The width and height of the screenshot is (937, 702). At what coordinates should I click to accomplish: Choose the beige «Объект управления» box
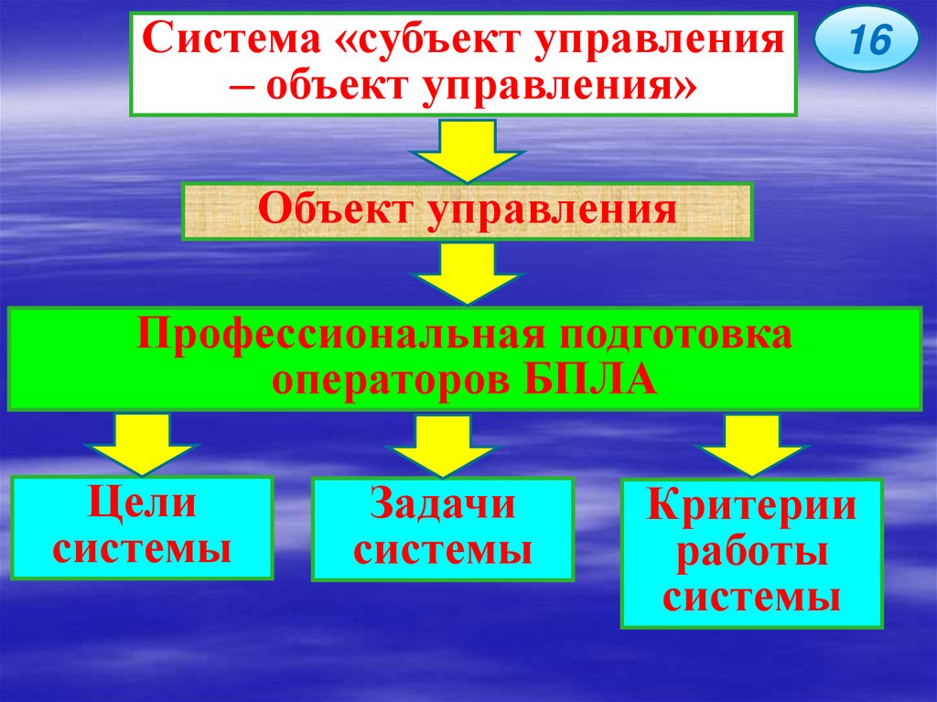coord(467,211)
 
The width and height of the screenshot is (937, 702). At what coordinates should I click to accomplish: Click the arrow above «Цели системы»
coord(142,444)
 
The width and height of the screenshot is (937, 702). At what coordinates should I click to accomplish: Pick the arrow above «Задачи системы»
coord(442,447)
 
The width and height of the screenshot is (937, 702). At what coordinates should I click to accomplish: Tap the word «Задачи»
coord(443,505)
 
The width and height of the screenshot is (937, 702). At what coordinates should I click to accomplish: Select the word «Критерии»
coord(751,506)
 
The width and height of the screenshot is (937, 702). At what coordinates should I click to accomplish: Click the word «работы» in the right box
coord(751,553)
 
